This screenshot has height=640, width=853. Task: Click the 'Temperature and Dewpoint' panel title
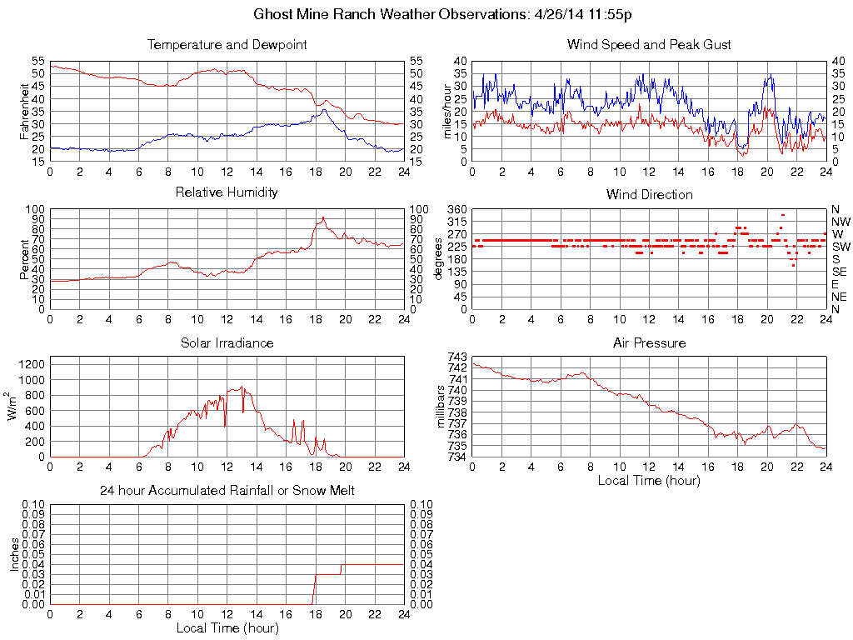point(227,44)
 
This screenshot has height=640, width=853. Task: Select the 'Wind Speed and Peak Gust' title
point(649,44)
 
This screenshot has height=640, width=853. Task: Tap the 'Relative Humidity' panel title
point(227,192)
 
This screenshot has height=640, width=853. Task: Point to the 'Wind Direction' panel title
point(649,194)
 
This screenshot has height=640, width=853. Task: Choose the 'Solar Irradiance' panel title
point(227,342)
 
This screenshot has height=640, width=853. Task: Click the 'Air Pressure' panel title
point(649,342)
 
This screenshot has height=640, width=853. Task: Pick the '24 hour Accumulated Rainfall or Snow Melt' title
point(227,491)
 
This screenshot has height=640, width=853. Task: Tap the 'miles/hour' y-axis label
point(446,112)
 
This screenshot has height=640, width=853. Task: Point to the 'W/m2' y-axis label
point(15,406)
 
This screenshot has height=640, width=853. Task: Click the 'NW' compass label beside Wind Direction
point(841,222)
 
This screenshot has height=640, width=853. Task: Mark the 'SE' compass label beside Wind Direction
point(840,272)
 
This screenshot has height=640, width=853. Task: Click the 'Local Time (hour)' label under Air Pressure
point(649,480)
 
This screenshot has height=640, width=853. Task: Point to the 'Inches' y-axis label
point(15,554)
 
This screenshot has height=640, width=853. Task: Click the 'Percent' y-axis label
point(24,259)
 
